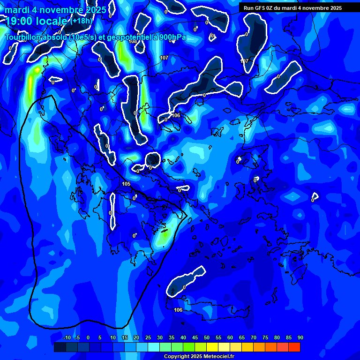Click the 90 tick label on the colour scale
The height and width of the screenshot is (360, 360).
[300, 338]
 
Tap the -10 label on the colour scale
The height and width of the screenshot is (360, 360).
[67, 338]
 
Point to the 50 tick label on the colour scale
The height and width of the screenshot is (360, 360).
[207, 338]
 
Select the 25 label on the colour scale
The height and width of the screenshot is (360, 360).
[148, 338]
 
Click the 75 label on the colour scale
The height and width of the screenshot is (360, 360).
[265, 338]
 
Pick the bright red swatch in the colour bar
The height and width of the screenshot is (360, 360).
[294, 347]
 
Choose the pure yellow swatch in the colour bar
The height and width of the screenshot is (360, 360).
[212, 347]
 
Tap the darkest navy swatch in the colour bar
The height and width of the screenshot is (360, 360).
[60, 347]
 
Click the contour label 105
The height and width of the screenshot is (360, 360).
[126, 184]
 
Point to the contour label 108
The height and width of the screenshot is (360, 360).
[133, 42]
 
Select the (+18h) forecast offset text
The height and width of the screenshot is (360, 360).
[81, 21]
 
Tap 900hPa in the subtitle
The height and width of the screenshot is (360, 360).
[173, 37]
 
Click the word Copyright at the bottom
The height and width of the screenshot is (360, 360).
[176, 357]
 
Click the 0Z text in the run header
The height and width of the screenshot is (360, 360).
[270, 8]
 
